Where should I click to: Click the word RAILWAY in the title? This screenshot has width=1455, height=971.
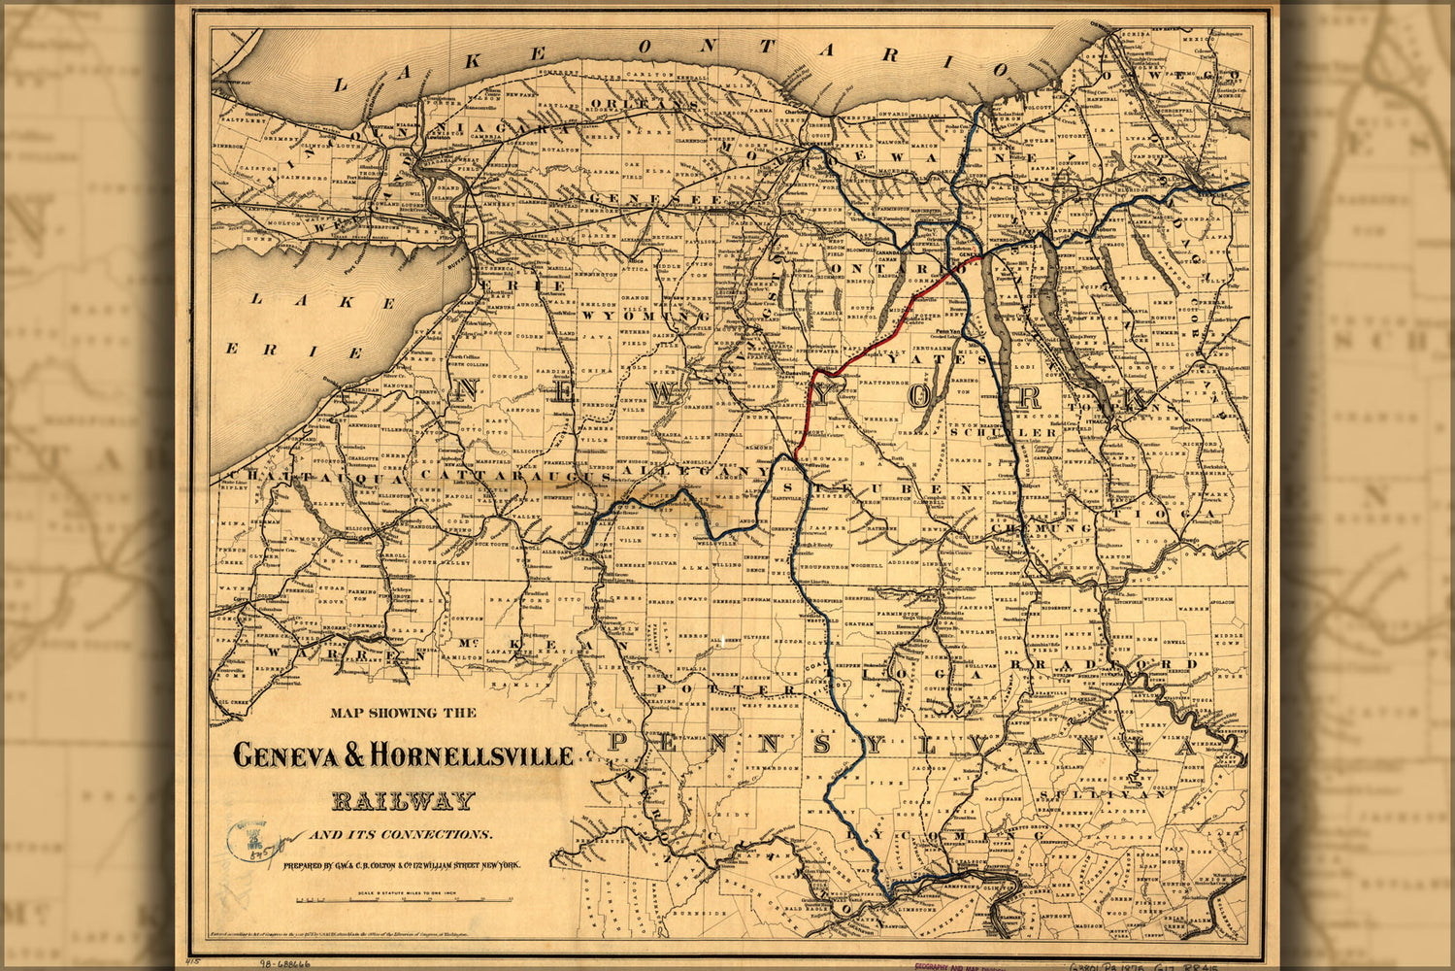click(403, 801)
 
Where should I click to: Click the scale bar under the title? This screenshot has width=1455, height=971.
click(407, 900)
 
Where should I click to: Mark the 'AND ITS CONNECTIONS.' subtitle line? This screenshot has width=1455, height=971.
click(401, 834)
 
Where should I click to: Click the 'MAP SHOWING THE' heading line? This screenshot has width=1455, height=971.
click(403, 713)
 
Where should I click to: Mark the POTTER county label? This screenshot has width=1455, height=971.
click(709, 689)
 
